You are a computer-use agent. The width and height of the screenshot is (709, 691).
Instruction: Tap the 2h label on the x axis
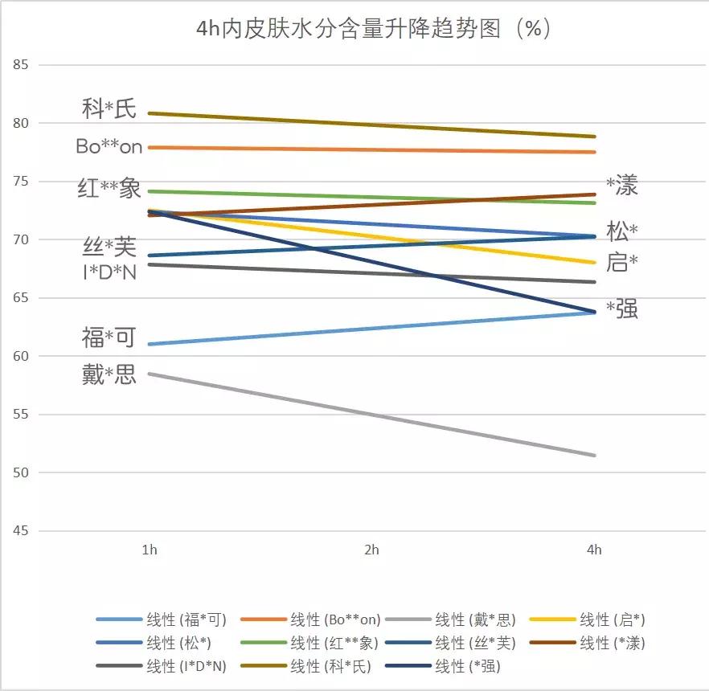point(371,550)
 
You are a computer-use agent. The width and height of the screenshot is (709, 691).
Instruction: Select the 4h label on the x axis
point(594,550)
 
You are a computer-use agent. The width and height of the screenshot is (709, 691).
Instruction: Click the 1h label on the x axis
point(150,550)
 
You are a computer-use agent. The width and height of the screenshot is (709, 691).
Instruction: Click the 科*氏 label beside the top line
point(109,108)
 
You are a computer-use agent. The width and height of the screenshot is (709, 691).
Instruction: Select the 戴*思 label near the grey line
point(109,374)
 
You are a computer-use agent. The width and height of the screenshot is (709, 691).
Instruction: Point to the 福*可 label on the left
point(109,337)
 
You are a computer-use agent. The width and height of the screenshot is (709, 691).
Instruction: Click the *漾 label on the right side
point(621,186)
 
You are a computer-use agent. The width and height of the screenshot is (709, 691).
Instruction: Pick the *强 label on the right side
point(621,309)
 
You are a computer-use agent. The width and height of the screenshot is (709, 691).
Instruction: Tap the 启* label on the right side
point(622,263)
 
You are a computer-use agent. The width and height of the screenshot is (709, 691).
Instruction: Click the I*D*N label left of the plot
point(109,272)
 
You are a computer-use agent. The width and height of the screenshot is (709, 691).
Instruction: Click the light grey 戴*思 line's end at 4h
point(594,456)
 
